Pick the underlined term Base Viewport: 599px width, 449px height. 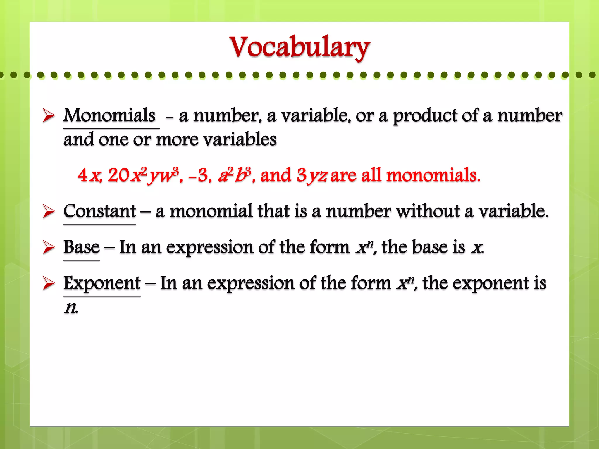click(82, 247)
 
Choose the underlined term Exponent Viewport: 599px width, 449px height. click(102, 283)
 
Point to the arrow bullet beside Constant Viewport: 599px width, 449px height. click(49, 211)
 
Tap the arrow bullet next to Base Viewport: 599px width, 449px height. click(49, 247)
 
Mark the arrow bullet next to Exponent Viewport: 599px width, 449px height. click(49, 283)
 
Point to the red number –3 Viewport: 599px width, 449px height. click(199, 175)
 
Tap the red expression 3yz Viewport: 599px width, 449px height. click(312, 175)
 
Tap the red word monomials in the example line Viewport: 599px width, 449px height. click(433, 175)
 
